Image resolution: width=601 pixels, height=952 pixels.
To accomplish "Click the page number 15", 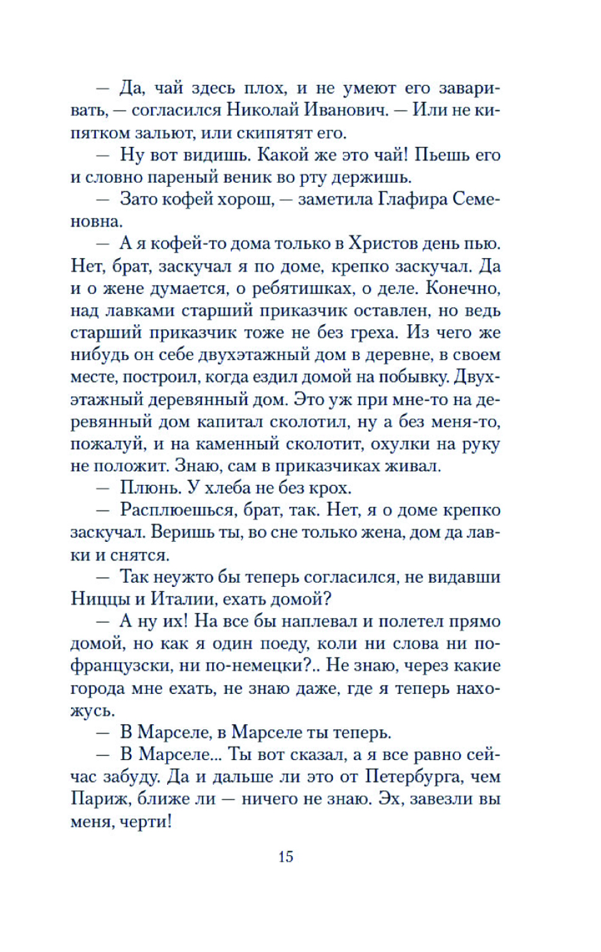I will point(285,856).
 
